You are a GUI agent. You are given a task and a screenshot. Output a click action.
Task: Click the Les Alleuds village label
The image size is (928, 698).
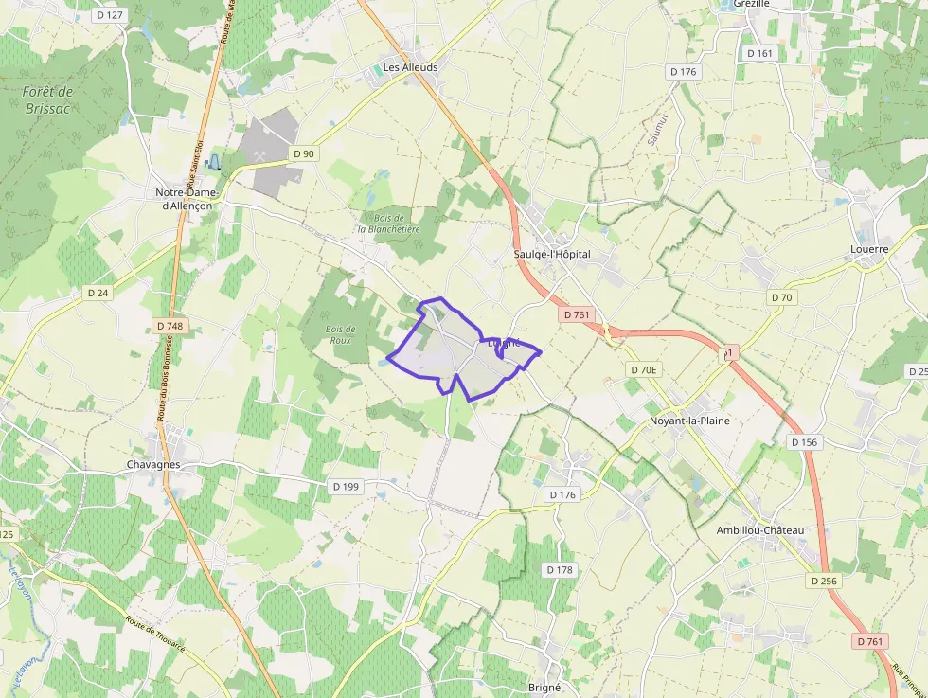[x=410, y=68]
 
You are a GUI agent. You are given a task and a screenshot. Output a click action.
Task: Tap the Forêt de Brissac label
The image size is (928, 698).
[x=47, y=99]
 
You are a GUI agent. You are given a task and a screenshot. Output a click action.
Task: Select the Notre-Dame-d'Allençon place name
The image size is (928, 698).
[x=187, y=198]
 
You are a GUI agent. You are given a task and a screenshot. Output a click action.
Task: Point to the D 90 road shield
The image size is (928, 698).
[x=303, y=153]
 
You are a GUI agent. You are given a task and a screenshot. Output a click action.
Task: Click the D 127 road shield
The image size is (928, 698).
[x=111, y=15]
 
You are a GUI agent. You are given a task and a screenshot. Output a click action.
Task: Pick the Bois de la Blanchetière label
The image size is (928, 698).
[x=388, y=224]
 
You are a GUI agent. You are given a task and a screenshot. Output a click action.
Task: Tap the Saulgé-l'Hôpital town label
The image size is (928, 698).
[x=551, y=255]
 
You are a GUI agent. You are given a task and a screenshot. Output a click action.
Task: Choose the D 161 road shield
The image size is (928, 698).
[x=759, y=54]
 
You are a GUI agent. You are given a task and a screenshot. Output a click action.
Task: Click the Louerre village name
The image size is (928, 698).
[x=869, y=250]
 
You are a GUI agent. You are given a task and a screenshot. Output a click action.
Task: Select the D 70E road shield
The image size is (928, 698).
[x=642, y=369]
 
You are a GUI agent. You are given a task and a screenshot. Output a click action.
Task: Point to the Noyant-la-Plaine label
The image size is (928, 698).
[x=689, y=421]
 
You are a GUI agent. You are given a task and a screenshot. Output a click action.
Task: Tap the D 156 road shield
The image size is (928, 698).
[x=803, y=442]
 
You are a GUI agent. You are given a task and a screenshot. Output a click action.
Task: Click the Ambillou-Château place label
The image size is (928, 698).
[x=759, y=530]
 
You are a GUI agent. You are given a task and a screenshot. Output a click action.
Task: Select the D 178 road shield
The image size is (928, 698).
[x=560, y=569]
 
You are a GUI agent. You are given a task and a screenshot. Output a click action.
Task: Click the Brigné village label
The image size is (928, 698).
[x=544, y=688]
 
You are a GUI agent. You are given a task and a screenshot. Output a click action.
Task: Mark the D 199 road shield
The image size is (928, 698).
[x=347, y=486]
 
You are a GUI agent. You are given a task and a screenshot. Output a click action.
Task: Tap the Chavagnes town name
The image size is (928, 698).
[x=153, y=465]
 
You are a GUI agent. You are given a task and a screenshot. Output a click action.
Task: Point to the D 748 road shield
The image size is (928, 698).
[x=168, y=326]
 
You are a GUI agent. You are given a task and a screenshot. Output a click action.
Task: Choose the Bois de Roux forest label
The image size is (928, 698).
[x=340, y=333]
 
